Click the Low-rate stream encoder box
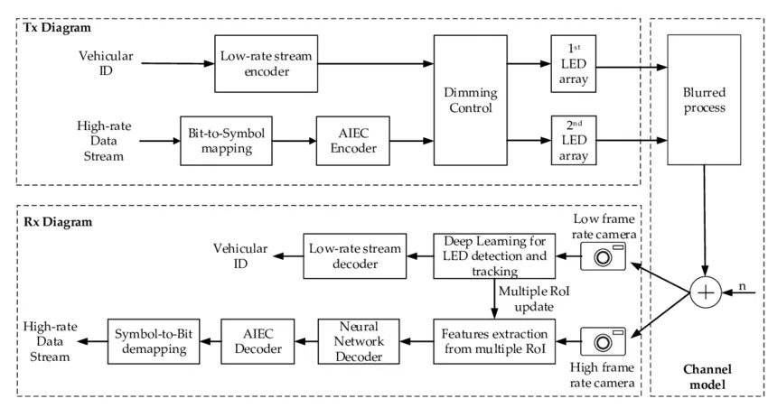pyautogui.click(x=267, y=63)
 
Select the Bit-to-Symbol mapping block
pyautogui.click(x=228, y=140)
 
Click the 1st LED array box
pyautogui.click(x=571, y=62)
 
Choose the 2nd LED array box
pyautogui.click(x=571, y=140)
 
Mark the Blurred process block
pyautogui.click(x=703, y=99)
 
